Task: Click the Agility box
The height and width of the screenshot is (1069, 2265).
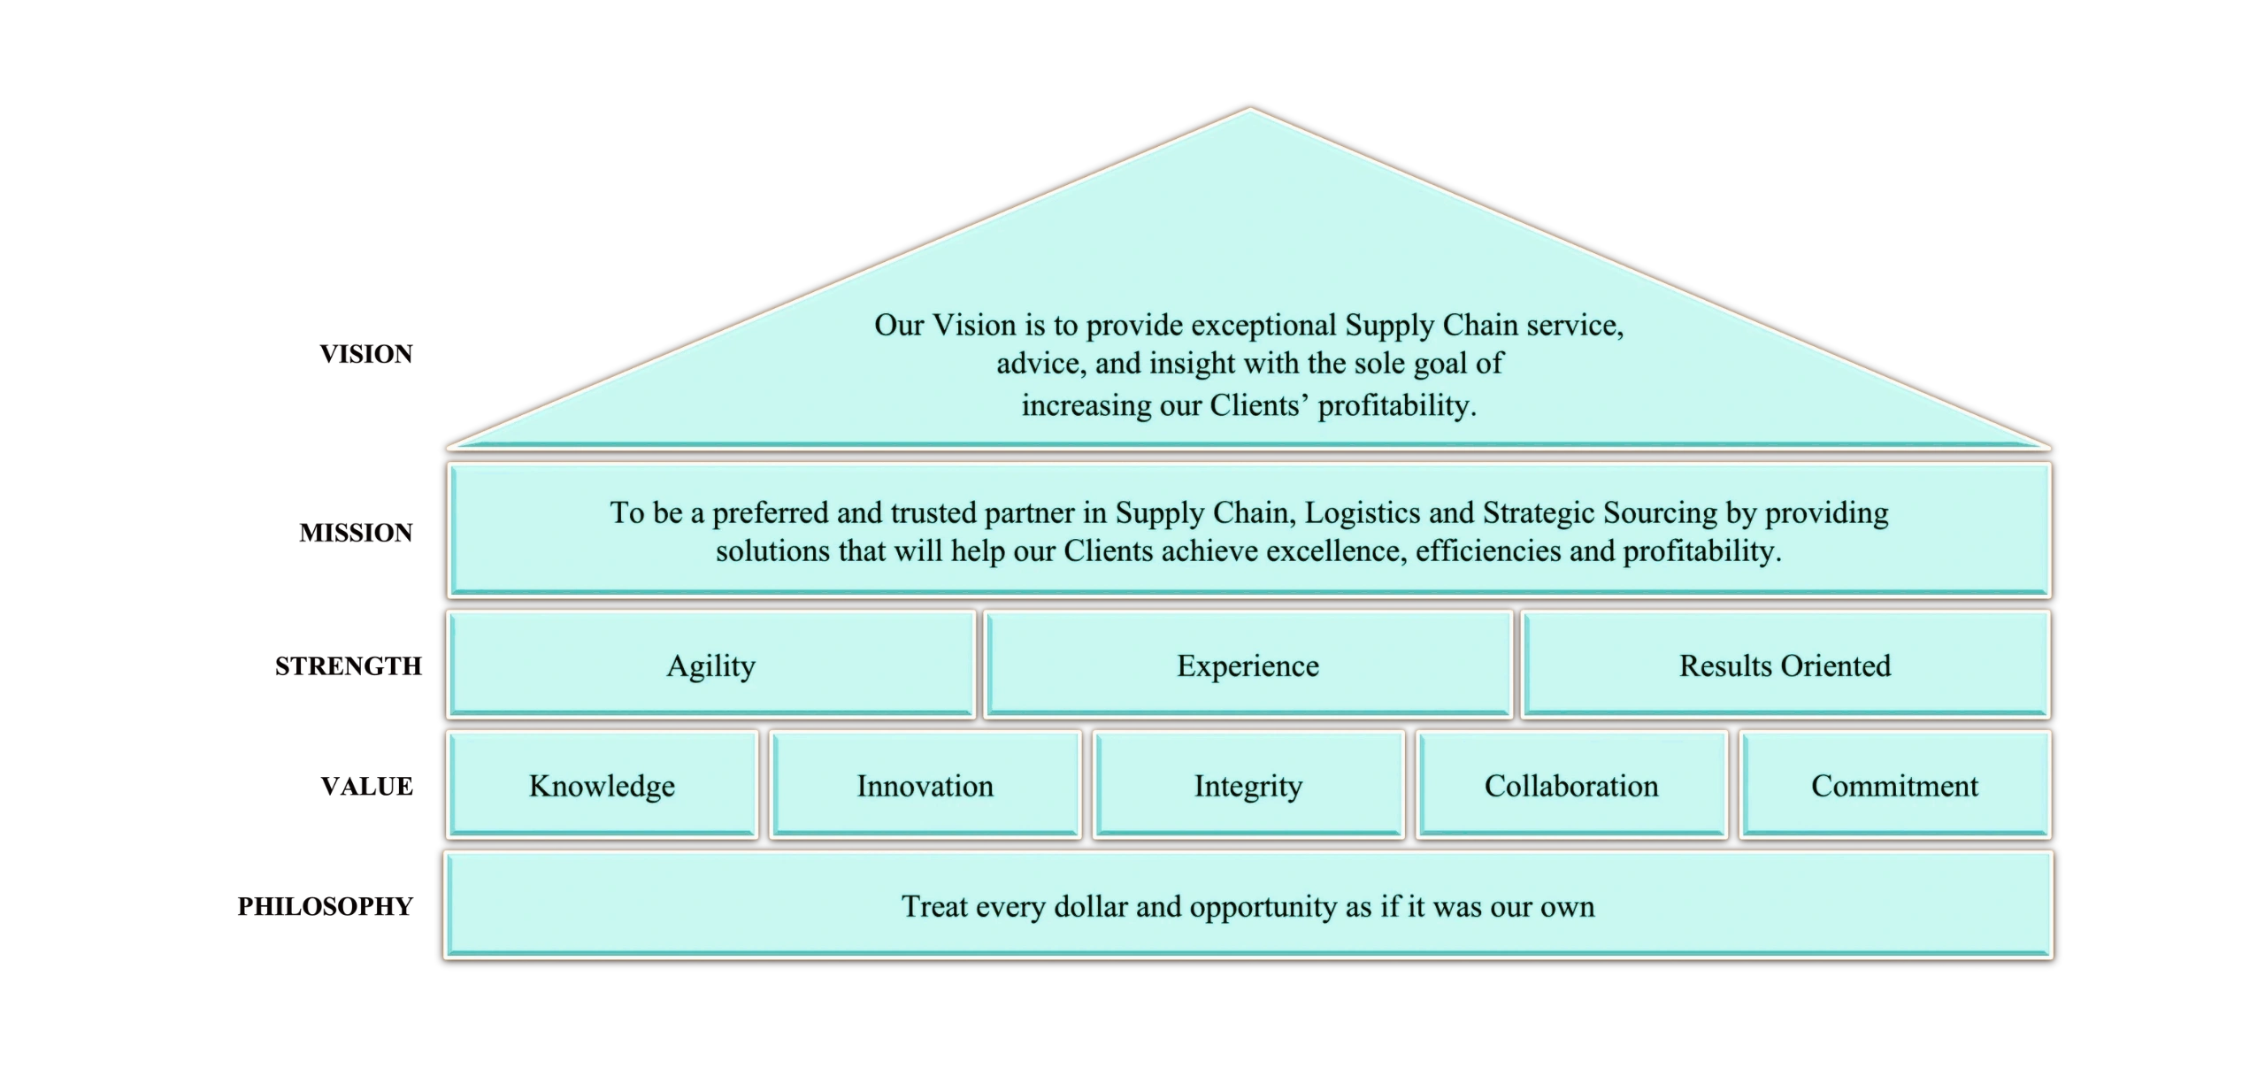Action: [x=710, y=665]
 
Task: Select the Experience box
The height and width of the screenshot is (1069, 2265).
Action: [x=1248, y=665]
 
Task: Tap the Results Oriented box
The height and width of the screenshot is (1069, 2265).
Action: [x=1785, y=665]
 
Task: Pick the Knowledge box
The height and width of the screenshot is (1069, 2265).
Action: [x=602, y=786]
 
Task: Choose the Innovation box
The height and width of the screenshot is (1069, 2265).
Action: [x=925, y=786]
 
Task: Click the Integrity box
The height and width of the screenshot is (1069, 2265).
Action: [x=1248, y=786]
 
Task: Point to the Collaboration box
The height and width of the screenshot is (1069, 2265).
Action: [x=1571, y=786]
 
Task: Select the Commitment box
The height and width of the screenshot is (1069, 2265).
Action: [x=1894, y=786]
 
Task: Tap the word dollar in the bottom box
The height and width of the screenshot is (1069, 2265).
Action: [x=1091, y=907]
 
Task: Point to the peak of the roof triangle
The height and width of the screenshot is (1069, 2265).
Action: [x=1249, y=111]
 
